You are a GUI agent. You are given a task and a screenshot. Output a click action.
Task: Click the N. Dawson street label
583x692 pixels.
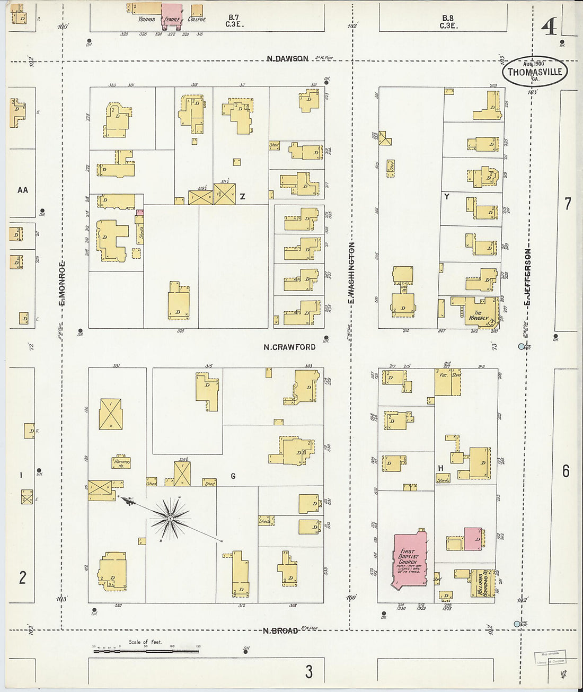(x=287, y=58)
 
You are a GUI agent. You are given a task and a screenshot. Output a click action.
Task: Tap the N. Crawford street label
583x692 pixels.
(x=289, y=347)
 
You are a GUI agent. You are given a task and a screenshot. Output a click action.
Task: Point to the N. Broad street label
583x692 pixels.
(x=280, y=630)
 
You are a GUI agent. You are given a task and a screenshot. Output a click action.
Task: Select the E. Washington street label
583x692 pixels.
(x=351, y=273)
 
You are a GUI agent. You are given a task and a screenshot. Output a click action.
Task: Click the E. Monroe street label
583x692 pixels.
(x=62, y=283)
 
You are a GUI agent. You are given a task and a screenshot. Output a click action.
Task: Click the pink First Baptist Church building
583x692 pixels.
(x=410, y=560)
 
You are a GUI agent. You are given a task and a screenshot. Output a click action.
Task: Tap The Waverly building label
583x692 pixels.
(x=479, y=316)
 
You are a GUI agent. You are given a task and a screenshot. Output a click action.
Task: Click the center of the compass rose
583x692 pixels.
(x=170, y=517)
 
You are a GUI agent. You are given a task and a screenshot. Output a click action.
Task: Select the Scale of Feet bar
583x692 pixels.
(x=146, y=650)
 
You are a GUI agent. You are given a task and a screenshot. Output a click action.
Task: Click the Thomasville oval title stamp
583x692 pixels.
(x=535, y=72)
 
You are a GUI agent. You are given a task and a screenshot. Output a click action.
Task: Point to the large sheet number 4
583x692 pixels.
(x=549, y=27)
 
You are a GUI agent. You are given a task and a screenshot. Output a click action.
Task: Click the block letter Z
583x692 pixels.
(x=242, y=197)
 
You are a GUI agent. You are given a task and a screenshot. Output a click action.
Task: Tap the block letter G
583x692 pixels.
(x=233, y=476)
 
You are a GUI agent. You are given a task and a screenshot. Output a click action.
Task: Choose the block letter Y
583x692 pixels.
(x=447, y=197)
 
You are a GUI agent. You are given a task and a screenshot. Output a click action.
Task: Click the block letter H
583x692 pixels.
(x=440, y=468)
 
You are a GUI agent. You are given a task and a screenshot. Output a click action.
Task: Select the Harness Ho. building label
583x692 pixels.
(x=121, y=463)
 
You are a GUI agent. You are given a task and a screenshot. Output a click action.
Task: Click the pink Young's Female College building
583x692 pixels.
(x=171, y=13)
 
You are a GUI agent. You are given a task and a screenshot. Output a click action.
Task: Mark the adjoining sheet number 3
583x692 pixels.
(x=308, y=672)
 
